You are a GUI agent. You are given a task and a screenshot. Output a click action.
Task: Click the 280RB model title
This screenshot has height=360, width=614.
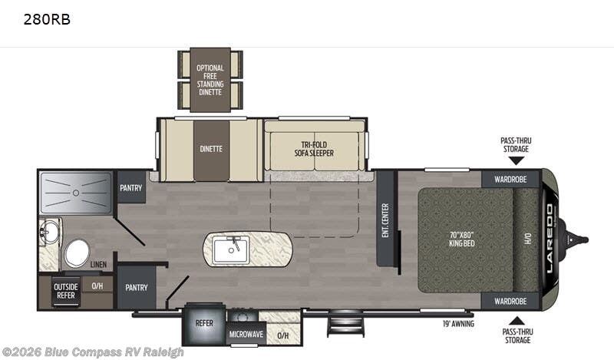click(47, 19)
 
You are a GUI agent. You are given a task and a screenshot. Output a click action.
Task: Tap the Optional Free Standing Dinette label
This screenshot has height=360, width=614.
click(210, 80)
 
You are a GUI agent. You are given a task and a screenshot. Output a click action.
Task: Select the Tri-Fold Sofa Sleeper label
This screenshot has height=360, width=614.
click(314, 149)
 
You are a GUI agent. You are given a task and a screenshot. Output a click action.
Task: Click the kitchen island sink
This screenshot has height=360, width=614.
click(232, 249)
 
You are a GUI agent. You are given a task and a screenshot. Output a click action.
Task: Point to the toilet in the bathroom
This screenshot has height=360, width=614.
click(77, 253)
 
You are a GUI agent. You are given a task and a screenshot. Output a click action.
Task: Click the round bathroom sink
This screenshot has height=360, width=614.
click(48, 232)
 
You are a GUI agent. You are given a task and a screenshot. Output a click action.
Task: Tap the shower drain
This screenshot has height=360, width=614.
click(76, 193)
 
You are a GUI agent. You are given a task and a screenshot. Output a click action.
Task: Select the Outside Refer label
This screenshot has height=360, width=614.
click(66, 291)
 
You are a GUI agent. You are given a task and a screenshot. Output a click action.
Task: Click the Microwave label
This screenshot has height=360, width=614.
click(246, 334)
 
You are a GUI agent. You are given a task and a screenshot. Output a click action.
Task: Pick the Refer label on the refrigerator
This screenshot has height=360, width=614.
click(204, 323)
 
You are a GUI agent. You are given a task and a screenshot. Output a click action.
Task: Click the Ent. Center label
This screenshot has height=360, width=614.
click(385, 220)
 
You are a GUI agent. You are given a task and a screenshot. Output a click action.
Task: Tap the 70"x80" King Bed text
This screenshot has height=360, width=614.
click(462, 239)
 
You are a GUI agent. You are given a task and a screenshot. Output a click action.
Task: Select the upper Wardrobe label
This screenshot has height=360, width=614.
click(510, 180)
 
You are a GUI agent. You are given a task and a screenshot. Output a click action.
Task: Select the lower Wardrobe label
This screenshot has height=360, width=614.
click(510, 301)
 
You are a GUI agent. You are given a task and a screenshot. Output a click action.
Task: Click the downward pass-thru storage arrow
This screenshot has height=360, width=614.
click(517, 160)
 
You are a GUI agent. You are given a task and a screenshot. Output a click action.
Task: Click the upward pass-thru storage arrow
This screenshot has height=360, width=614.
click(517, 320)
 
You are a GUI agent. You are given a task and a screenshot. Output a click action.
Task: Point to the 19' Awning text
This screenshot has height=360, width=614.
click(458, 324)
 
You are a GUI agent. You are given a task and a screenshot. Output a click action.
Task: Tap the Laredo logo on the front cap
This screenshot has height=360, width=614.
click(550, 239)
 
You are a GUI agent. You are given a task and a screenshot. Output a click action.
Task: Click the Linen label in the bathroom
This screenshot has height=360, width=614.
click(98, 264)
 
